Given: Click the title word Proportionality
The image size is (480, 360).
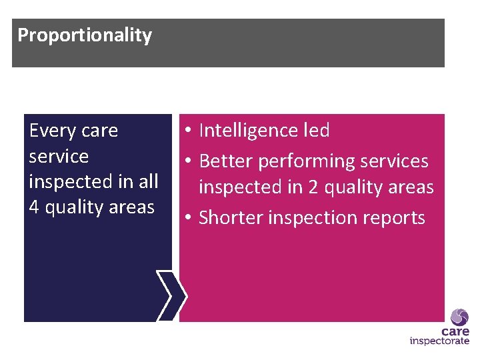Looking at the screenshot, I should [x=85, y=35].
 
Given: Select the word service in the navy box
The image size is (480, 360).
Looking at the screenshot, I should [x=59, y=156].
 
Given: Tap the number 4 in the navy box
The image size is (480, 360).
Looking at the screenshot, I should [x=34, y=207].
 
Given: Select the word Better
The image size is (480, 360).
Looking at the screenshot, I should [x=226, y=161].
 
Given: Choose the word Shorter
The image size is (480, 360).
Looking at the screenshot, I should [x=231, y=218].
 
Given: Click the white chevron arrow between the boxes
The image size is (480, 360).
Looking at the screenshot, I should [x=172, y=296].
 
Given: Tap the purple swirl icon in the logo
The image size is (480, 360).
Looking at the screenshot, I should [x=459, y=317].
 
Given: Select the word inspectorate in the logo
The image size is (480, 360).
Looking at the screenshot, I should [x=439, y=341].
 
